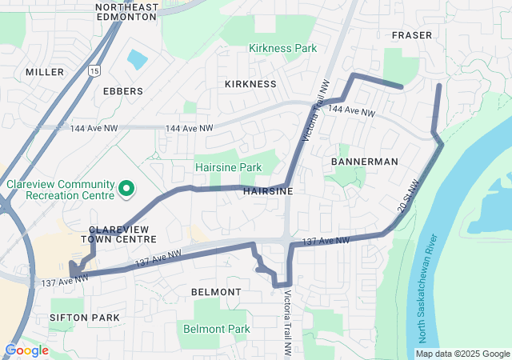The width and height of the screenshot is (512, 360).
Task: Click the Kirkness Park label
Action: point(282,48)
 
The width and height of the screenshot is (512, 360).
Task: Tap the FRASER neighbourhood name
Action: point(412,35)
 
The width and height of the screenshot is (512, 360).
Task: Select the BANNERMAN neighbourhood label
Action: point(364,162)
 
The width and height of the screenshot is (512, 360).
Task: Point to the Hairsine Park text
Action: point(229,167)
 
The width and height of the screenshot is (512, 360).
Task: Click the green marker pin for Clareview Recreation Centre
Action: point(126,189)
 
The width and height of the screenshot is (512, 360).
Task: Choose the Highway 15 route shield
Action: point(95,71)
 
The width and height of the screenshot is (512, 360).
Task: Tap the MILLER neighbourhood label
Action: point(44,72)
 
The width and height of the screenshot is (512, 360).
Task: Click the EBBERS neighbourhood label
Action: point(123,91)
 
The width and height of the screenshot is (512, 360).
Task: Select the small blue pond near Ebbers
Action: point(137,59)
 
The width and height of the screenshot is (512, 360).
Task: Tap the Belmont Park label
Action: point(217,329)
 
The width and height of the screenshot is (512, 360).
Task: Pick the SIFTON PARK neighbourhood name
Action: point(84,318)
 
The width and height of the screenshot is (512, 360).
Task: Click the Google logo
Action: point(26,350)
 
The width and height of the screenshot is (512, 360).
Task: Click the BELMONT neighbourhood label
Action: point(216,292)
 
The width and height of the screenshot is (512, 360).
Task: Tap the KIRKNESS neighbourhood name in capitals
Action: point(250,84)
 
